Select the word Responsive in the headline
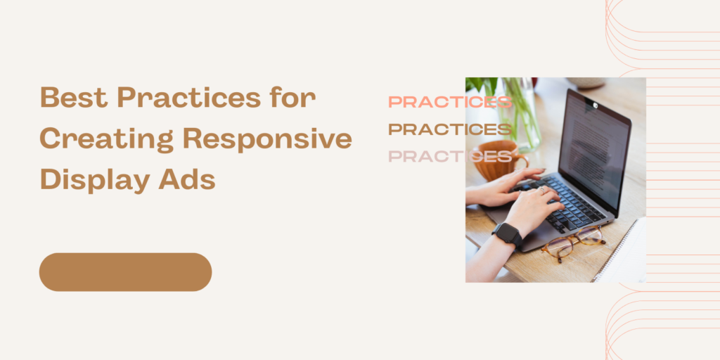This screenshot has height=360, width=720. (x=267, y=139)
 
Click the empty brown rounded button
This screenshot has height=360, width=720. (x=125, y=272)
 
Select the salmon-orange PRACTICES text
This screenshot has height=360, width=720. (x=450, y=103)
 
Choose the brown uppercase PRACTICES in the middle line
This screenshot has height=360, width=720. (x=450, y=129)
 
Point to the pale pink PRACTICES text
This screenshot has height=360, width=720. (x=450, y=156)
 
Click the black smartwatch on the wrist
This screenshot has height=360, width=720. (x=507, y=234)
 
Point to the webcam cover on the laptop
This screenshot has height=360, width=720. (x=593, y=106)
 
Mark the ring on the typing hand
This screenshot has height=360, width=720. (x=541, y=189)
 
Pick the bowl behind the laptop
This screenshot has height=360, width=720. (x=586, y=82)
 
